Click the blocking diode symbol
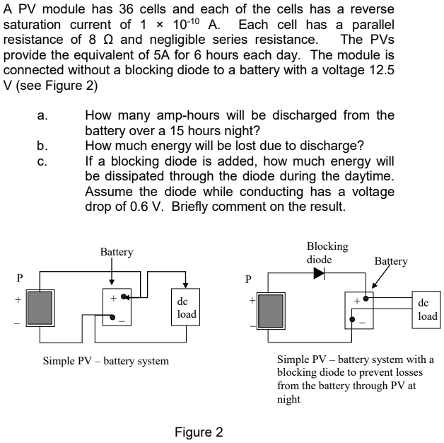pos(319,272)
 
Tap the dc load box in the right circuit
pos(427,309)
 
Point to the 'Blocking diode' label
pos(327,253)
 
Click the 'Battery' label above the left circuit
pos(117,252)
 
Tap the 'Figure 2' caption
pos(199,432)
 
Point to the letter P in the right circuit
pos(246,278)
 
